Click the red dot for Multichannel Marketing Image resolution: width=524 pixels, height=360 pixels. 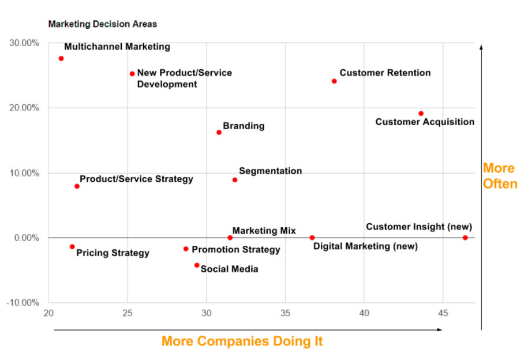tap(61, 58)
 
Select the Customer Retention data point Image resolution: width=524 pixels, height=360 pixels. tap(334, 81)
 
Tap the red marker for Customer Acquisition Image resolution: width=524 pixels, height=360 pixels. tap(421, 114)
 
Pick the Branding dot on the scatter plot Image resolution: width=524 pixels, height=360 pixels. tap(219, 133)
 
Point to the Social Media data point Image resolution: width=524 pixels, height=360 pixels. tap(197, 265)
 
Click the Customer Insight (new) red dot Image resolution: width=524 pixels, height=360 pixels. tap(465, 238)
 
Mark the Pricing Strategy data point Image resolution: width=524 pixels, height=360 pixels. tap(72, 247)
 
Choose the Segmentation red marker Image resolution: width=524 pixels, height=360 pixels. tap(235, 180)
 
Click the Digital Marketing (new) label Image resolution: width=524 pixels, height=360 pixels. tap(365, 246)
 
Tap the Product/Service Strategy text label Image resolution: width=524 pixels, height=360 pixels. tap(136, 179)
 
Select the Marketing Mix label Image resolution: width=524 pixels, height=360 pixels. tap(264, 231)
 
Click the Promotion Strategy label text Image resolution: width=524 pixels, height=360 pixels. tap(235, 250)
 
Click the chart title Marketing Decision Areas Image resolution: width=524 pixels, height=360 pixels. tap(103, 24)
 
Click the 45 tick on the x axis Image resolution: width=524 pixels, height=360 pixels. tap(443, 313)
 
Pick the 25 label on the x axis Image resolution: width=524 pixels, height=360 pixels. tap(127, 313)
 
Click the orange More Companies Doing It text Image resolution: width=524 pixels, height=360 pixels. tap(242, 341)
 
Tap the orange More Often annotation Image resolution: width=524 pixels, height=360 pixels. tap(500, 176)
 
